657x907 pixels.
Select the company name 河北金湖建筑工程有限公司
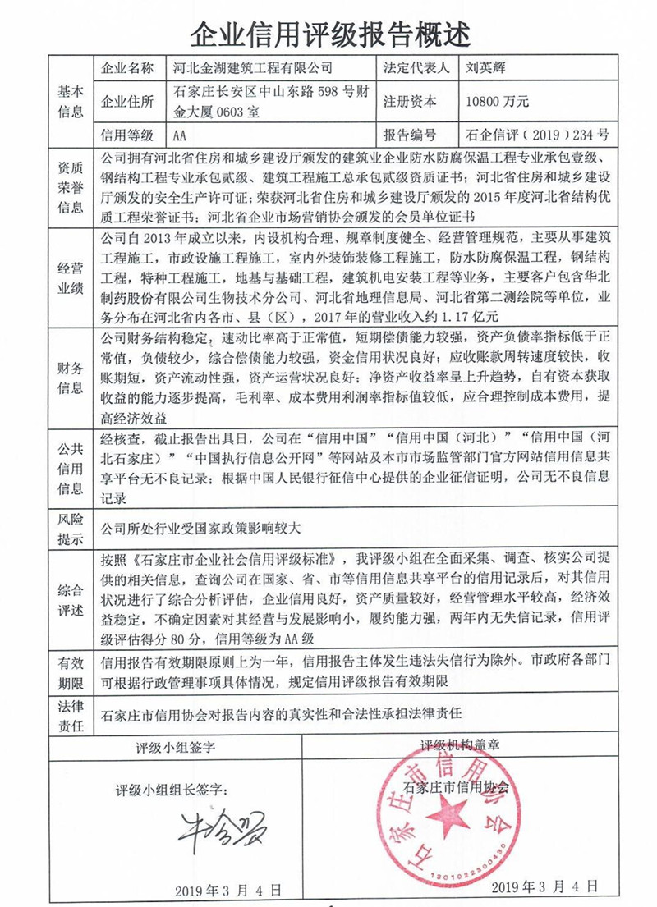point(255,68)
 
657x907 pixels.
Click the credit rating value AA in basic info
point(182,135)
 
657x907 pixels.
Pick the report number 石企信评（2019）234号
point(537,135)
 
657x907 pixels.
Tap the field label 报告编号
point(408,135)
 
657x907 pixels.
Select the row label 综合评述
point(71,601)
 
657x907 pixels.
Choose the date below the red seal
point(541,887)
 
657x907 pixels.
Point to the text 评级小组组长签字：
point(171,790)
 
